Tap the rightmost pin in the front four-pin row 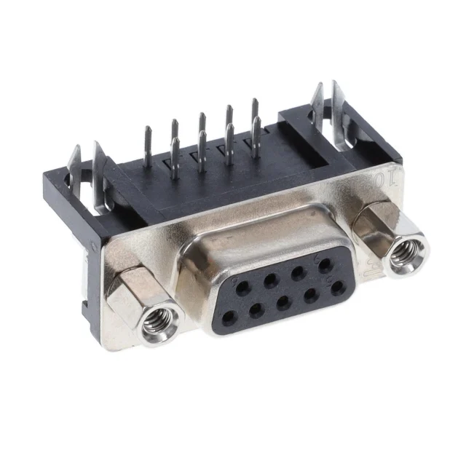pyautogui.click(x=255, y=134)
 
